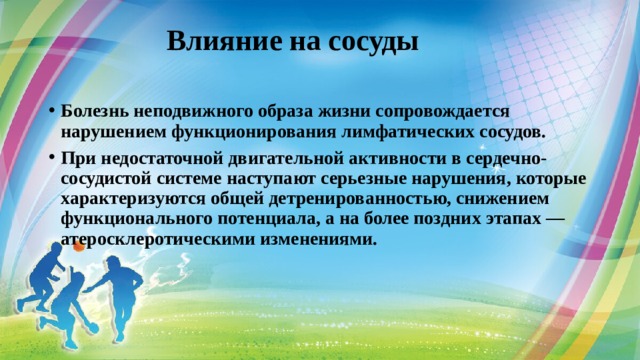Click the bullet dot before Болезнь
50,113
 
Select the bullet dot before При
50,158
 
